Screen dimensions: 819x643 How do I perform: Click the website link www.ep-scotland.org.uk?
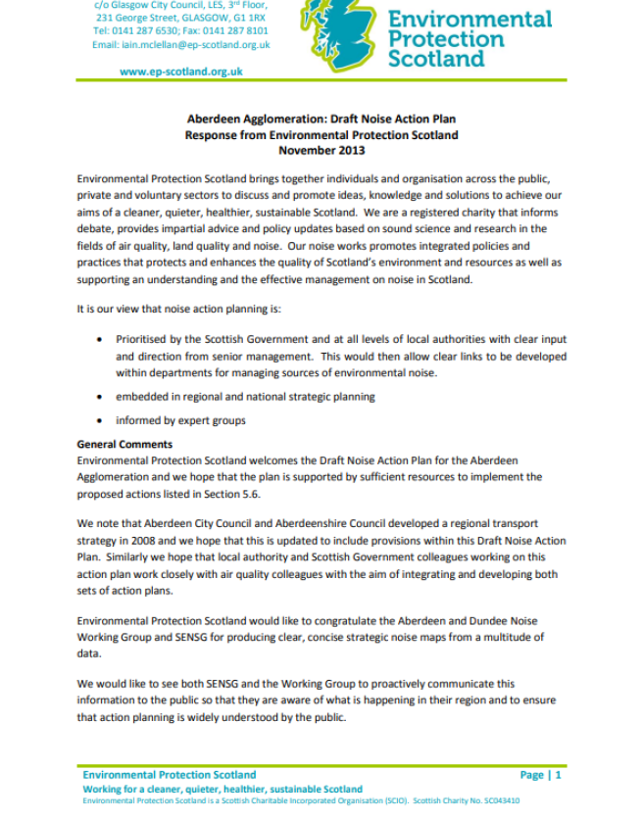181,72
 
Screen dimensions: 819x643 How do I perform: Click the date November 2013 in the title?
321,150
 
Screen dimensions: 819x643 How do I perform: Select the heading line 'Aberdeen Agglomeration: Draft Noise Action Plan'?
321,120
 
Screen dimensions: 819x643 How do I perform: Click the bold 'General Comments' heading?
124,445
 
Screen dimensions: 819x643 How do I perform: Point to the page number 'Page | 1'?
541,775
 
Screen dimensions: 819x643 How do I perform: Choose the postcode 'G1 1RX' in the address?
246,18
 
